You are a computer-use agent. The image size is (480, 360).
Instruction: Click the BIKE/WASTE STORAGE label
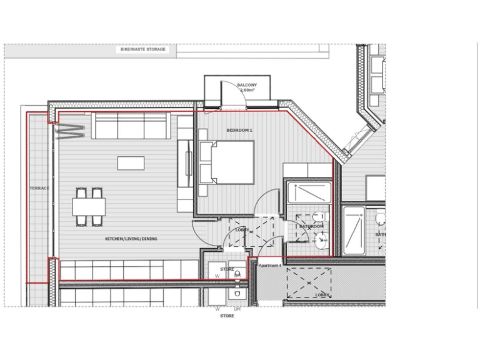coord(144,49)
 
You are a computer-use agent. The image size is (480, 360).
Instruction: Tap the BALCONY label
coord(247,85)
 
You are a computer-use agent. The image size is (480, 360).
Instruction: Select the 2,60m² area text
coord(247,91)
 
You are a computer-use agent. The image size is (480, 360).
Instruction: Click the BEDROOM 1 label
coord(239,130)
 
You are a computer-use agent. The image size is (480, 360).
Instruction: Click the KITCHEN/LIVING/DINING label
coord(131,239)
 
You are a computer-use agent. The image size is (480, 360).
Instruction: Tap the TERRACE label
coord(39,187)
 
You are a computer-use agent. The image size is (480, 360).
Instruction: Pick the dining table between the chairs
coord(89,206)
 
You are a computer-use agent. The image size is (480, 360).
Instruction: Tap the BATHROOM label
coord(311,226)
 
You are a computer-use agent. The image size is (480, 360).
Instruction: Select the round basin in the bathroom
coord(321,238)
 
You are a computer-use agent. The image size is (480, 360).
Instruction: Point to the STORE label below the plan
coord(227,316)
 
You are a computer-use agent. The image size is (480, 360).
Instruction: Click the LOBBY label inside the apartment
coord(242,230)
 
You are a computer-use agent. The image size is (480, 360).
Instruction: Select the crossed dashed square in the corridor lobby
coord(307,282)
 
